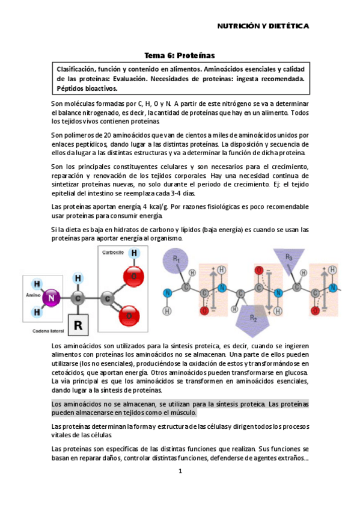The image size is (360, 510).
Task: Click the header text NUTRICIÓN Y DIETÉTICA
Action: (x=263, y=26)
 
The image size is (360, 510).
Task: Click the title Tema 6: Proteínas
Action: (x=180, y=55)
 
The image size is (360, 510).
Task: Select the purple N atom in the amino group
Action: (x=52, y=296)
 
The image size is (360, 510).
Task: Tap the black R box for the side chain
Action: (x=78, y=325)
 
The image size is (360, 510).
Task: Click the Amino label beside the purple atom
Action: (x=32, y=296)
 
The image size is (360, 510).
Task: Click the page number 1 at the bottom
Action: (x=180, y=471)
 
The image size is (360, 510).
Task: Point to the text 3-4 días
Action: (x=180, y=193)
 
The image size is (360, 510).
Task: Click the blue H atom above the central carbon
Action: (x=78, y=278)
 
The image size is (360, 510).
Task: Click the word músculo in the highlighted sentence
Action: (x=181, y=413)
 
